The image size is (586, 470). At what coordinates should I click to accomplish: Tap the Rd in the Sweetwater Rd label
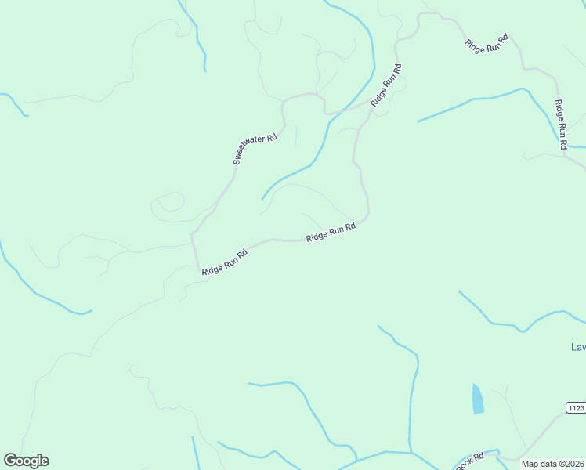point(273,137)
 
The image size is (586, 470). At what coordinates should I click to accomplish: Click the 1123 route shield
point(576,407)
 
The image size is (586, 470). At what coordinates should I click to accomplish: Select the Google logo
point(26,461)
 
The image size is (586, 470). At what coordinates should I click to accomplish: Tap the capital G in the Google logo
point(10,460)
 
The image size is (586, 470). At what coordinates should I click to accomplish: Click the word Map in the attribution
point(530,464)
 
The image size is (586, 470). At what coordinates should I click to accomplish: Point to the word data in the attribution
point(548,464)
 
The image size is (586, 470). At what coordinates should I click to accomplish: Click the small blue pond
point(477,399)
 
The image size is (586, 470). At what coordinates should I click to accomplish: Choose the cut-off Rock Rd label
point(471,462)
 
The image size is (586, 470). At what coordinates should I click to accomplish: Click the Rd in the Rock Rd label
point(479,457)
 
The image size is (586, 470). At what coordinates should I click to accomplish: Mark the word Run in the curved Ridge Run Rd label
point(332,232)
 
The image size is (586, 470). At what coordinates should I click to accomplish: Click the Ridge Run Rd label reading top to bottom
point(560,125)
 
